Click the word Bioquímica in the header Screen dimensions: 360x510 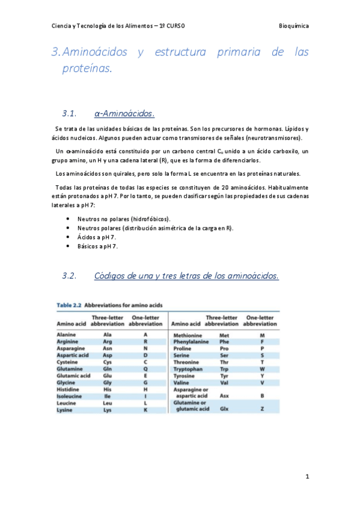(x=294, y=26)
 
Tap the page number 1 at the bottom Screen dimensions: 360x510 (x=307, y=477)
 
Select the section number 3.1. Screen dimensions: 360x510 (x=70, y=113)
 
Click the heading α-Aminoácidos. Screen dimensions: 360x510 (x=124, y=113)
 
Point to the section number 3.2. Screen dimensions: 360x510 (x=70, y=275)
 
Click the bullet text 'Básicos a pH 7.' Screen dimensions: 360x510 (x=97, y=246)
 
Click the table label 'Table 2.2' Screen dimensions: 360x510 (x=69, y=305)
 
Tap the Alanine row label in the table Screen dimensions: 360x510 (x=66, y=334)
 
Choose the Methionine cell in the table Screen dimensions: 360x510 (x=189, y=334)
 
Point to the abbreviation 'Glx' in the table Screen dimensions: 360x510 (x=224, y=409)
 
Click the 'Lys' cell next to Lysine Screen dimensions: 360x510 (x=108, y=410)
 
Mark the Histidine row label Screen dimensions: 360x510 (x=68, y=389)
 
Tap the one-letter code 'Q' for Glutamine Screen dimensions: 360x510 (x=145, y=369)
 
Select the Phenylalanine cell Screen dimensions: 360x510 (x=191, y=342)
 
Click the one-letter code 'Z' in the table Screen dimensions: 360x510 (x=262, y=409)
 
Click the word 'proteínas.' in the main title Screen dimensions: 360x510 (x=87, y=69)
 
